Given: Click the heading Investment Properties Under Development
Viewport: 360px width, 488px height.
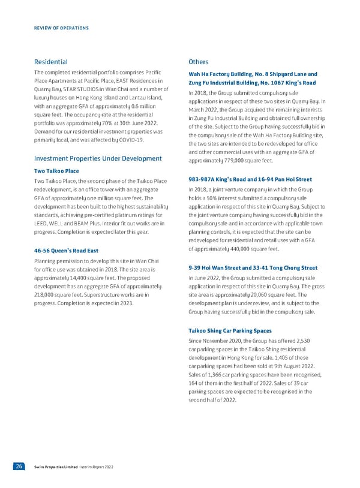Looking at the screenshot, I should click(98, 158).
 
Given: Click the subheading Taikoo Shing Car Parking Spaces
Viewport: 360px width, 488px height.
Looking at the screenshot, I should click(230, 330).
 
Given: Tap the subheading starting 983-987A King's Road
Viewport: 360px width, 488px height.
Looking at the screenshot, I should click(250, 179).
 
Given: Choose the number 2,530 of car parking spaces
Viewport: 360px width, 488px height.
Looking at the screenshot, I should click(305, 340).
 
